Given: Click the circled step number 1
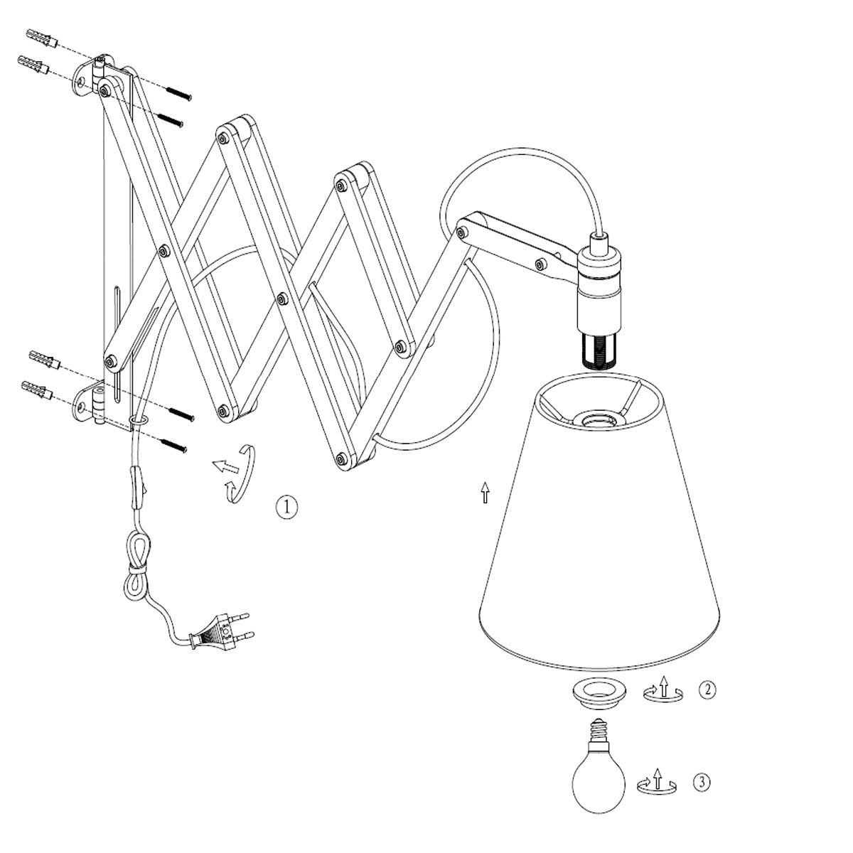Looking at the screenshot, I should click(x=286, y=507).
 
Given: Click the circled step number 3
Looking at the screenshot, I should click(x=701, y=783).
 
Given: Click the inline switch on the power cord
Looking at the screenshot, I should click(x=138, y=488).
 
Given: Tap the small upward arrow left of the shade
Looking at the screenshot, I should click(x=485, y=492).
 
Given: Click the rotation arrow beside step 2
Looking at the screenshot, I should click(x=663, y=692).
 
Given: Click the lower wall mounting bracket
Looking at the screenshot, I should click(x=92, y=403).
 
